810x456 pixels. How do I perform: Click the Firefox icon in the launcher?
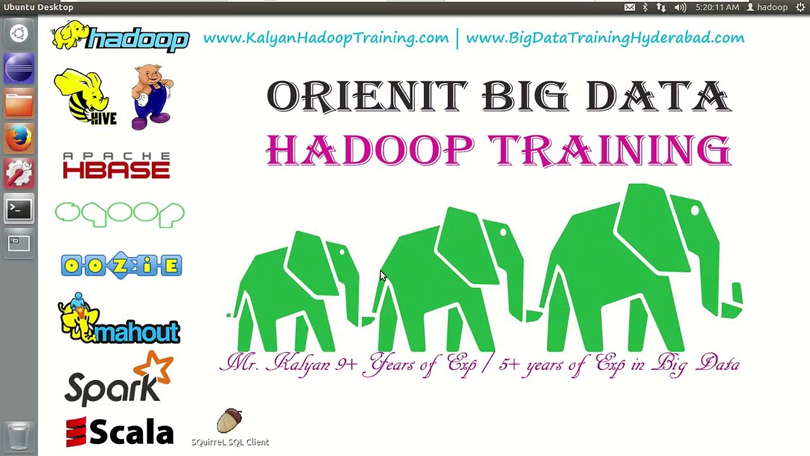tap(19, 139)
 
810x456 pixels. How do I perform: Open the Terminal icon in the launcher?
tap(19, 208)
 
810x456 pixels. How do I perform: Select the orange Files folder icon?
tap(19, 104)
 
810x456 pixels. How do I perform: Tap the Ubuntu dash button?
tap(19, 34)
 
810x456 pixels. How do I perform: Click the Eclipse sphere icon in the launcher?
tap(19, 69)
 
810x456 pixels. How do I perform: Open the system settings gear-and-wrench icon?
tap(19, 174)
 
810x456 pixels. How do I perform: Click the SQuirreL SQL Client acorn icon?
tap(229, 421)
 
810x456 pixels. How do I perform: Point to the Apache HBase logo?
tap(116, 165)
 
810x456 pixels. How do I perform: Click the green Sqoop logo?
tap(120, 214)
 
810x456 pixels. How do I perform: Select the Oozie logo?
tap(121, 265)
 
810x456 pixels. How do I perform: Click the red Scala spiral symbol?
tap(77, 432)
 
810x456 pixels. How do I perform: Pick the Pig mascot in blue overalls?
tap(151, 97)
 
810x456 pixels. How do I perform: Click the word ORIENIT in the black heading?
tap(368, 96)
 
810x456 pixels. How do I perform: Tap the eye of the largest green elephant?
tap(695, 211)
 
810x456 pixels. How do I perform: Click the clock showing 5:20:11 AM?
tap(717, 7)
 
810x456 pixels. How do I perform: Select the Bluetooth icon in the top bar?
tap(645, 7)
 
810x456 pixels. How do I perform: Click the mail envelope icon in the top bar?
tap(630, 7)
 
